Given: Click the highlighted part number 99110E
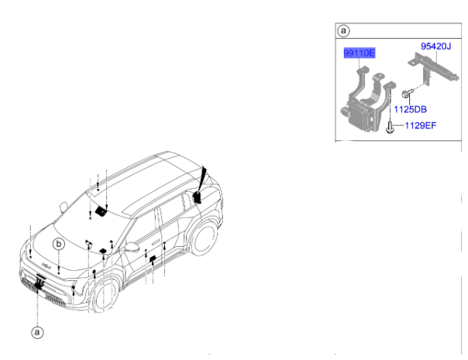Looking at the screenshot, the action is pyautogui.click(x=359, y=53).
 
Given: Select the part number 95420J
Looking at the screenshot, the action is pyautogui.click(x=435, y=46).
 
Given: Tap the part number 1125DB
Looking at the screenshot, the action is pyautogui.click(x=410, y=109).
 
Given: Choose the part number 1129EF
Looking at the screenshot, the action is pyautogui.click(x=420, y=125).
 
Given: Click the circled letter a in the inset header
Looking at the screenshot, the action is pyautogui.click(x=343, y=31).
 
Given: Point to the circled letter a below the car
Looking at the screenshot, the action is pyautogui.click(x=37, y=332).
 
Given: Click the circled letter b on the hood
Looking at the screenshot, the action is pyautogui.click(x=59, y=244).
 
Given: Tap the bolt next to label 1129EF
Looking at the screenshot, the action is pyautogui.click(x=390, y=128).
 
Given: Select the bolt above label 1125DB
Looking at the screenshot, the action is pyautogui.click(x=406, y=93).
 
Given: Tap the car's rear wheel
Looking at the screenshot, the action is pyautogui.click(x=204, y=238).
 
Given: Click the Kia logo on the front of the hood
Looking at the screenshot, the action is pyautogui.click(x=46, y=265).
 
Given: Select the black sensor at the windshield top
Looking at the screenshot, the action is pyautogui.click(x=102, y=211).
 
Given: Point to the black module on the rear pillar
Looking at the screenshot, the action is pyautogui.click(x=197, y=197).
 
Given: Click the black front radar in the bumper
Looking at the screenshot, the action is pyautogui.click(x=39, y=284).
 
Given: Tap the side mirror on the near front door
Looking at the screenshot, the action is pyautogui.click(x=132, y=247).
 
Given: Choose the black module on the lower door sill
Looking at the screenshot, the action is pyautogui.click(x=153, y=259).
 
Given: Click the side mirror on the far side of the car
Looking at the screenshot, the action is pyautogui.click(x=64, y=207).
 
